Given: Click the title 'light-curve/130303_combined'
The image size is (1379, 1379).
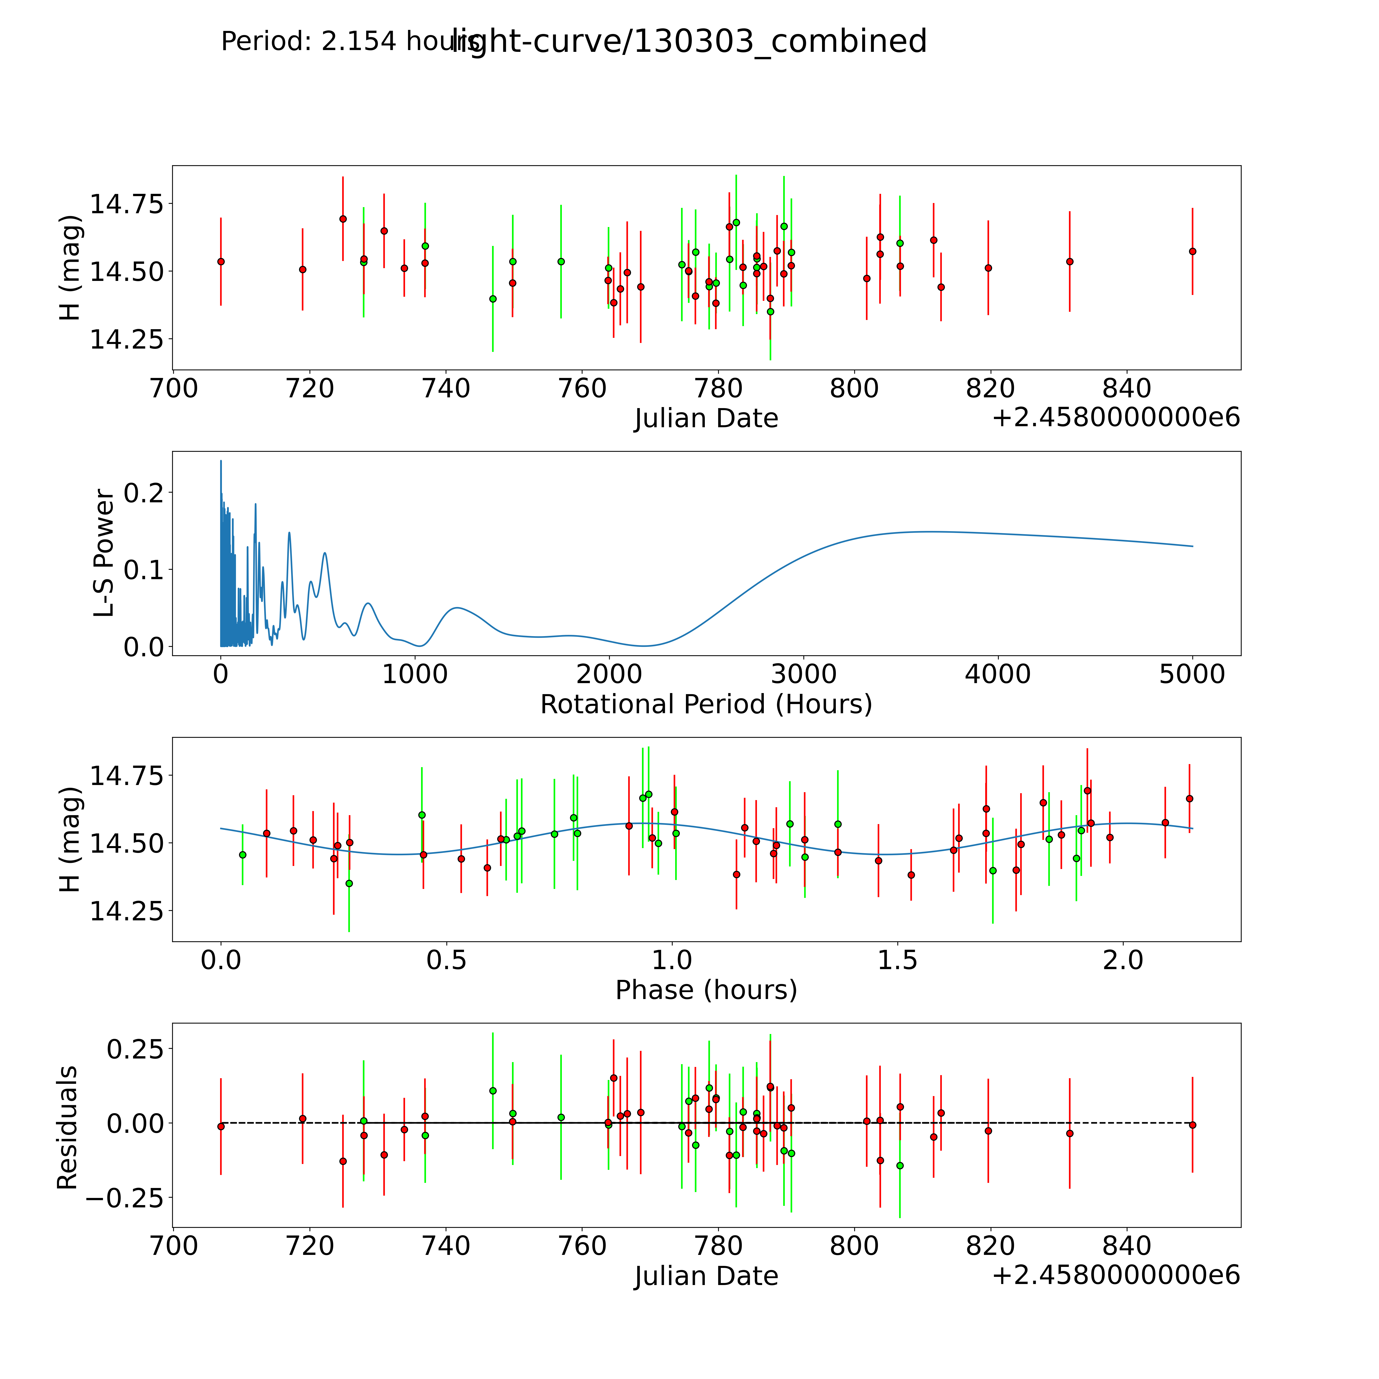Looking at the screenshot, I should pyautogui.click(x=689, y=41).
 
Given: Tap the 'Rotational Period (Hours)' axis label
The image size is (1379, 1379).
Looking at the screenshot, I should pyautogui.click(x=706, y=705).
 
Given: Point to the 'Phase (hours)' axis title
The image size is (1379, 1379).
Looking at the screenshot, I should pyautogui.click(x=706, y=990).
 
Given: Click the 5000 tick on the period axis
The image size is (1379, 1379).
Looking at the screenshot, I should pyautogui.click(x=1192, y=674).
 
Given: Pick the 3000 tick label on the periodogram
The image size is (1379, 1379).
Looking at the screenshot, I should pyautogui.click(x=804, y=674).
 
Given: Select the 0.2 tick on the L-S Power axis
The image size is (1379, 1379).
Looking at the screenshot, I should pyautogui.click(x=144, y=493).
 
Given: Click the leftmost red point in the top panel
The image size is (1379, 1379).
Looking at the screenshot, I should pyautogui.click(x=221, y=261).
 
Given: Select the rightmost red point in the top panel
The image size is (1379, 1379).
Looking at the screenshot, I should pyautogui.click(x=1192, y=251).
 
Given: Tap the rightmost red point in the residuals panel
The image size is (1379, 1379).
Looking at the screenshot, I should pyautogui.click(x=1192, y=1125).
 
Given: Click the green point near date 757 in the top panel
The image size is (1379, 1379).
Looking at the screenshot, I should pyautogui.click(x=561, y=261).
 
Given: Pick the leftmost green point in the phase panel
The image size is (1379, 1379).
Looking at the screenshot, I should pyautogui.click(x=243, y=854).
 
